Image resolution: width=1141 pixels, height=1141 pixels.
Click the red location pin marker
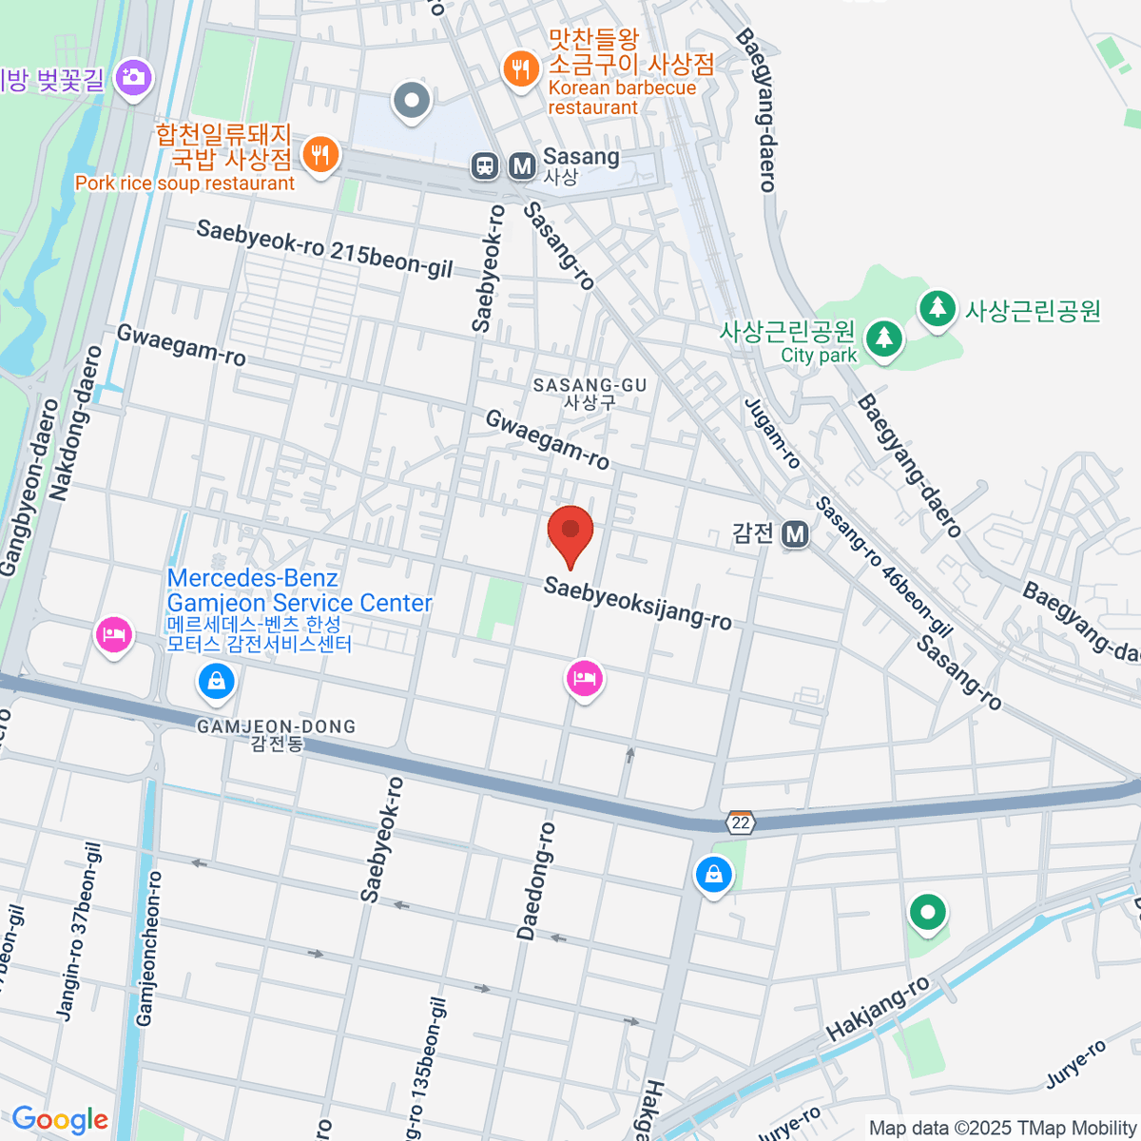click(570, 532)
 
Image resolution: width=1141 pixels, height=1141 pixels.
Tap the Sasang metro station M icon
click(521, 166)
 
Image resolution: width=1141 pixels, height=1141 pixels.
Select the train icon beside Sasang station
click(485, 166)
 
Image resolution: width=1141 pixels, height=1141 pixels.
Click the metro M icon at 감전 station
click(795, 534)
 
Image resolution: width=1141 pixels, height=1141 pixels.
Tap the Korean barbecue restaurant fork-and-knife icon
click(520, 68)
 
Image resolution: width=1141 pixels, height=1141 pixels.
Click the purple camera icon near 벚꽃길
click(133, 77)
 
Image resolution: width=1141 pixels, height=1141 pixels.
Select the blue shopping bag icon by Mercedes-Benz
click(216, 680)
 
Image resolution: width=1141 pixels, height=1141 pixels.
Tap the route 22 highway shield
click(741, 822)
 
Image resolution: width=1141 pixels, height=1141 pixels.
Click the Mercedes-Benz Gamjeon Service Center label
click(300, 591)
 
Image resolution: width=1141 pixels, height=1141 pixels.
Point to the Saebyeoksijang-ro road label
click(637, 604)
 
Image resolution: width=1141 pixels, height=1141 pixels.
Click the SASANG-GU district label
click(590, 393)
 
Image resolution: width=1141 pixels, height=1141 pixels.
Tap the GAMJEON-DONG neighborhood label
click(276, 735)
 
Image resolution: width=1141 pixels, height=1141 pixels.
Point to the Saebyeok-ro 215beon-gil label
click(324, 249)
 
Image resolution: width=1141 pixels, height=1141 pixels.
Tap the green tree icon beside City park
click(884, 338)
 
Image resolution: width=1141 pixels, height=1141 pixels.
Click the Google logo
click(60, 1119)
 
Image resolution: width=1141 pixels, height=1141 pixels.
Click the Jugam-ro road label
click(772, 434)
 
